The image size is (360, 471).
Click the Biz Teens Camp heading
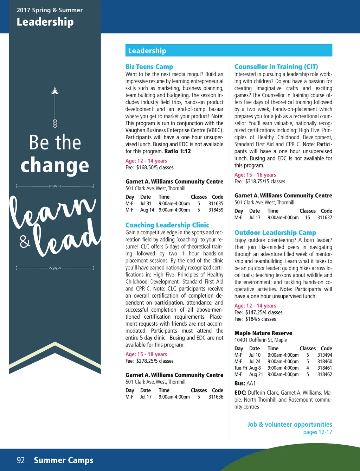tap(149, 67)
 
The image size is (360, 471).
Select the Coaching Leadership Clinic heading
tap(167, 225)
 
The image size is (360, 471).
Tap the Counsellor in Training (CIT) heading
tap(276, 67)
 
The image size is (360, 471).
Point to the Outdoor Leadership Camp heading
tap(275, 233)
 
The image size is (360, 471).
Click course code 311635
tap(216, 204)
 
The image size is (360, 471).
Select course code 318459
tap(216, 210)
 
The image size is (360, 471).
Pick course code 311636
tap(216, 397)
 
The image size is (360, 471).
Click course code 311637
tap(325, 218)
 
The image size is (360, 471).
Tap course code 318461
tap(325, 368)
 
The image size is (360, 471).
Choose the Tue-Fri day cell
tap(241, 368)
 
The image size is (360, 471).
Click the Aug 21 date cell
tap(256, 375)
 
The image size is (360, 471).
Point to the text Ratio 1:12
tap(178, 152)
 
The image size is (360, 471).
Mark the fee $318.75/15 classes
tap(265, 182)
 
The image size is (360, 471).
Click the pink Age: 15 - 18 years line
tap(146, 355)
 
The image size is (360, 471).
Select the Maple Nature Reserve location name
tap(263, 333)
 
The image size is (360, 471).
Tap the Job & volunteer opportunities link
tap(290, 425)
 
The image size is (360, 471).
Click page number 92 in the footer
tap(21, 460)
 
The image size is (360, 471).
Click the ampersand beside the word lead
tap(25, 241)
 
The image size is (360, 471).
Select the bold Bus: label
tap(240, 383)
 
